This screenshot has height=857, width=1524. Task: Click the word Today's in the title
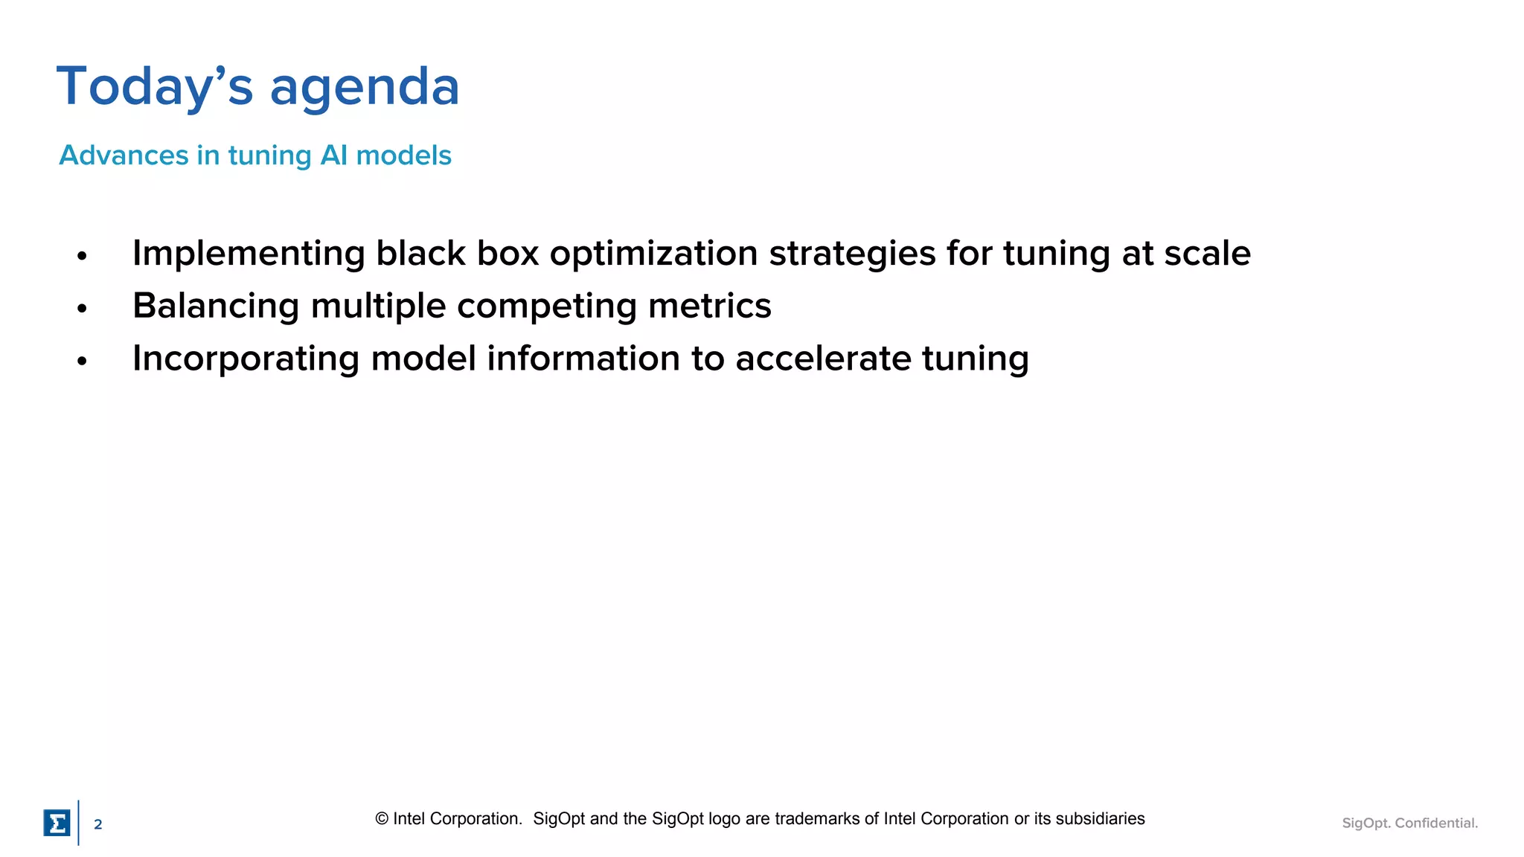[x=154, y=87]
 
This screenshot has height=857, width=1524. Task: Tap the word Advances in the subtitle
[x=124, y=155]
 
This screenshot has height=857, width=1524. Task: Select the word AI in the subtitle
[x=333, y=155]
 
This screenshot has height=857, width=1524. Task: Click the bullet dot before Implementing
[x=82, y=256]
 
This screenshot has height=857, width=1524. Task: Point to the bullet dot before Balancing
[x=82, y=308]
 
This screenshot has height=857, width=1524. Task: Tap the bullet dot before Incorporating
[x=82, y=361]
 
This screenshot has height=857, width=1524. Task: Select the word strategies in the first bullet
[x=852, y=254]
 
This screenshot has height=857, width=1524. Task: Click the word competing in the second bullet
[x=546, y=306]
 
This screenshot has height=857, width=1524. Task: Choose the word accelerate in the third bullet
[x=823, y=359]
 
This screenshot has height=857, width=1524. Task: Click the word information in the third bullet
[x=583, y=359]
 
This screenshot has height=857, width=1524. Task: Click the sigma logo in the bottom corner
[x=57, y=823]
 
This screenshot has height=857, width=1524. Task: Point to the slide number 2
[x=97, y=824]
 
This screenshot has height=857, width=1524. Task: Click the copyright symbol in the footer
[x=382, y=819]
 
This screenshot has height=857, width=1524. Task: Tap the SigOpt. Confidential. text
[x=1409, y=823]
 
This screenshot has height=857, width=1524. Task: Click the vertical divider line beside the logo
[x=78, y=823]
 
